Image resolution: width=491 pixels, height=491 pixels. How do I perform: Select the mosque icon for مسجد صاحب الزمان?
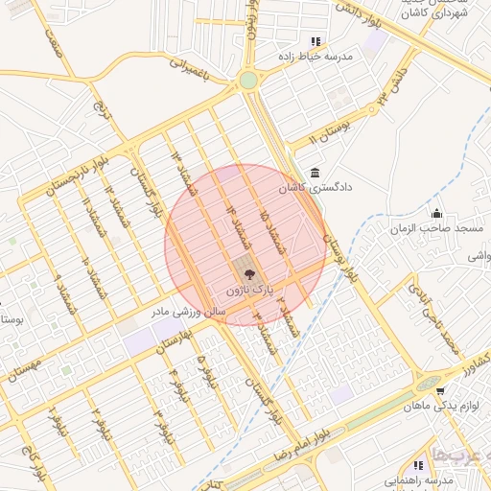tap(437, 214)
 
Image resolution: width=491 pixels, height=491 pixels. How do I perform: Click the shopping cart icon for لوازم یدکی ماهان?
tap(439, 391)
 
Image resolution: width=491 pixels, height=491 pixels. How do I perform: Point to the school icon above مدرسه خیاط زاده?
tap(316, 41)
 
